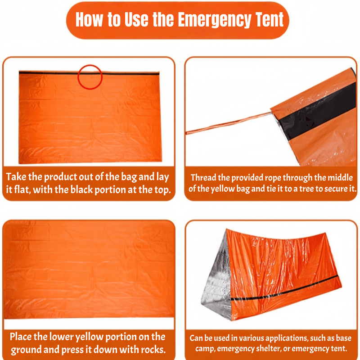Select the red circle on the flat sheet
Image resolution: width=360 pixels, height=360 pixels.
(x=90, y=76)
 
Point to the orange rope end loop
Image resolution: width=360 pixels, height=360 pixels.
(x=189, y=133)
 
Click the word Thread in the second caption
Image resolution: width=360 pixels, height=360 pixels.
(x=203, y=178)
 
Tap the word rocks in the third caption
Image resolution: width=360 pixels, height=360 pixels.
(x=153, y=349)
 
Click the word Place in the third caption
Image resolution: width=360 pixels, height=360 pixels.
(x=23, y=337)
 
